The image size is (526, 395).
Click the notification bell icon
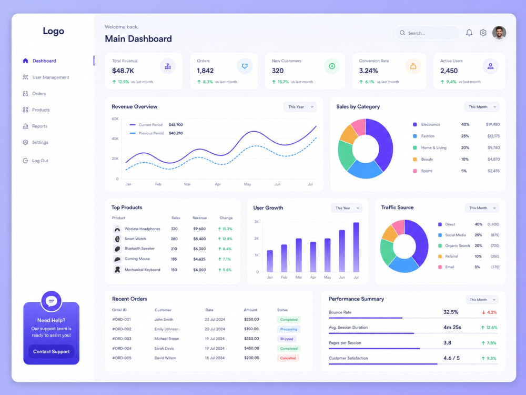tap(469, 33)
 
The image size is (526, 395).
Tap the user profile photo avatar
tap(499, 33)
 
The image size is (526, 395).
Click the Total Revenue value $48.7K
tap(123, 71)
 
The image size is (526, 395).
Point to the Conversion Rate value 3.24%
tap(368, 71)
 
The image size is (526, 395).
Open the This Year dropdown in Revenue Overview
tap(300, 107)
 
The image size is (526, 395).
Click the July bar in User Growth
tap(356, 247)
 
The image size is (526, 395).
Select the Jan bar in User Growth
tap(270, 261)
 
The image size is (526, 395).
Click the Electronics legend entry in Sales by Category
tap(427, 124)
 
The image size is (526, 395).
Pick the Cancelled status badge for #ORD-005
tap(288, 358)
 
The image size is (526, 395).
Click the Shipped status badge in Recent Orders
tap(287, 339)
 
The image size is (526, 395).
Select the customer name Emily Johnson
tap(166, 329)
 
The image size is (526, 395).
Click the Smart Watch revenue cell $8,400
tap(199, 239)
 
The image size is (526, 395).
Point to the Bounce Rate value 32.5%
tap(451, 312)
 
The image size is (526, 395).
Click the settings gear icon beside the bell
tap(483, 33)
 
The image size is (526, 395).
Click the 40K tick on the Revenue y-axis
tap(115, 139)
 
